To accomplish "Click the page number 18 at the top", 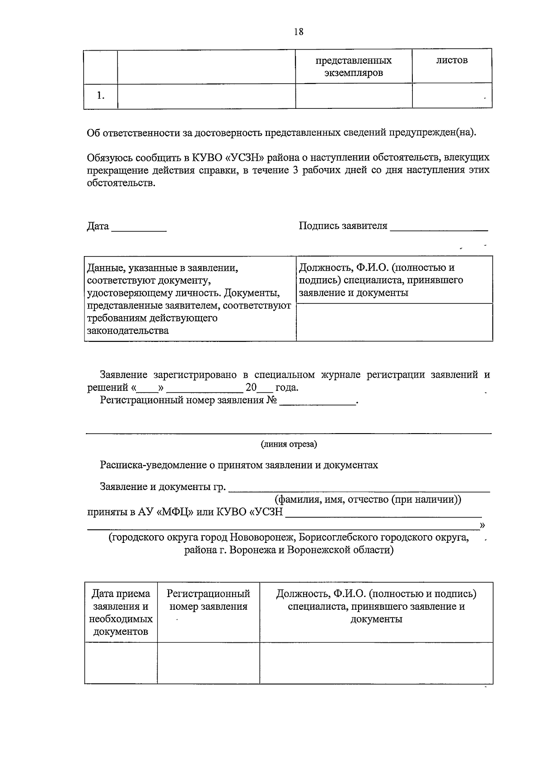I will [298, 32].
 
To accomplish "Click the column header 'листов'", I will [452, 61].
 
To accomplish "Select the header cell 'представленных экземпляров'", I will [354, 66].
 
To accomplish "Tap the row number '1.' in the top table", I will [100, 95].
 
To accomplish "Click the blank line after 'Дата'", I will [139, 228].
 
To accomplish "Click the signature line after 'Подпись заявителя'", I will [439, 228].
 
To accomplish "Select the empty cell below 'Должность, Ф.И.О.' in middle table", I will [394, 322].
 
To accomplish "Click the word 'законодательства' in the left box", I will [128, 331].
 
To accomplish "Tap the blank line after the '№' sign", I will [318, 402].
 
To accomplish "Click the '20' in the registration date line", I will [251, 388].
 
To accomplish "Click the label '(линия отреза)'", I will [289, 444].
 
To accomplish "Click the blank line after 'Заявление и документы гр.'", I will [360, 488].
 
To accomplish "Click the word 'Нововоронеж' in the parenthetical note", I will [259, 538].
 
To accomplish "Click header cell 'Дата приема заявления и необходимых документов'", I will [121, 612].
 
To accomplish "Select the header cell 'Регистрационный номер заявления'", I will [208, 600].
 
